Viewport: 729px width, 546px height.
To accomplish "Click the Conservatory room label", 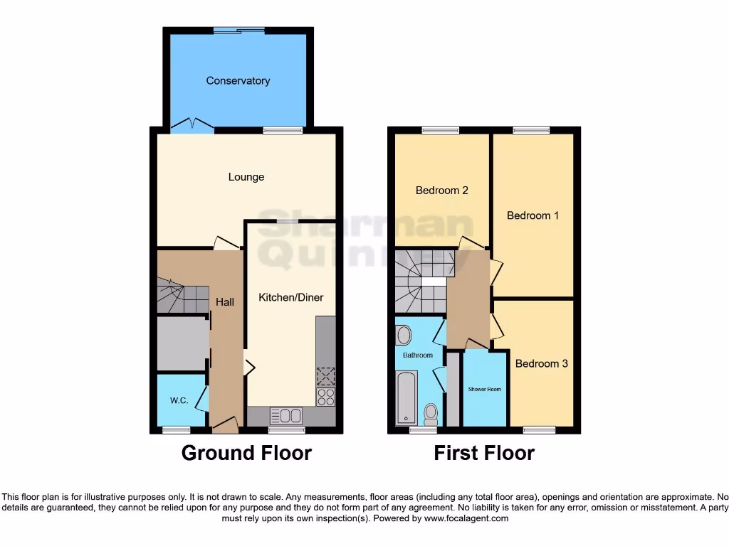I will pos(238,81).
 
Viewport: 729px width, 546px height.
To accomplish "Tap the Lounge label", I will pos(246,177).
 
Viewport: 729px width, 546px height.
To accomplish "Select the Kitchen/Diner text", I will pos(290,297).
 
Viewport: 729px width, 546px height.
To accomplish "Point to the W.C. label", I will pos(179,401).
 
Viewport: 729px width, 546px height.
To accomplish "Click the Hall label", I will pos(225,302).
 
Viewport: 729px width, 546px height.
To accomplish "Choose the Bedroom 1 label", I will pos(533,215).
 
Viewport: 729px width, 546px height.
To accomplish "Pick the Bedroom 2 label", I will pos(441,191).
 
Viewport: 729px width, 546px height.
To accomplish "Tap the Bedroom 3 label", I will pos(541,363).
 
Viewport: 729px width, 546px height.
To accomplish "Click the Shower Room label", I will pos(484,390).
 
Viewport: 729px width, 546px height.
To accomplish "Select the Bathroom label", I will pos(417,355).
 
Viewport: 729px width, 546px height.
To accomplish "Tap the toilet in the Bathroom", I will pos(430,412).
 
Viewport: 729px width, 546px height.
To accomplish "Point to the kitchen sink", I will pos(285,416).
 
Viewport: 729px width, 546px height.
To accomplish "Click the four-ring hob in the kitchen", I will pos(325,397).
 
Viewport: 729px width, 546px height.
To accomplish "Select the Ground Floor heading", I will pos(246,453).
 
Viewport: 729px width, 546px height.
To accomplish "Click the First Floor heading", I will pos(484,453).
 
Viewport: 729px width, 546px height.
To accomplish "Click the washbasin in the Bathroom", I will pos(404,334).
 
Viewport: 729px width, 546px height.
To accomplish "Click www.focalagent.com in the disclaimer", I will pos(466,519).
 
